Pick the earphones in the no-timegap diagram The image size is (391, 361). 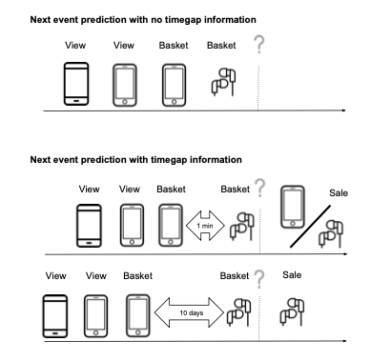pyautogui.click(x=220, y=83)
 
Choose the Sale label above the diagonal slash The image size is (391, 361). pyautogui.click(x=339, y=193)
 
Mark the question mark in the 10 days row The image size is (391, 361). pyautogui.click(x=257, y=278)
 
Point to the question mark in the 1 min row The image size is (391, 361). pyautogui.click(x=258, y=191)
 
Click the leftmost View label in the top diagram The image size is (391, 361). pyautogui.click(x=75, y=45)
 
